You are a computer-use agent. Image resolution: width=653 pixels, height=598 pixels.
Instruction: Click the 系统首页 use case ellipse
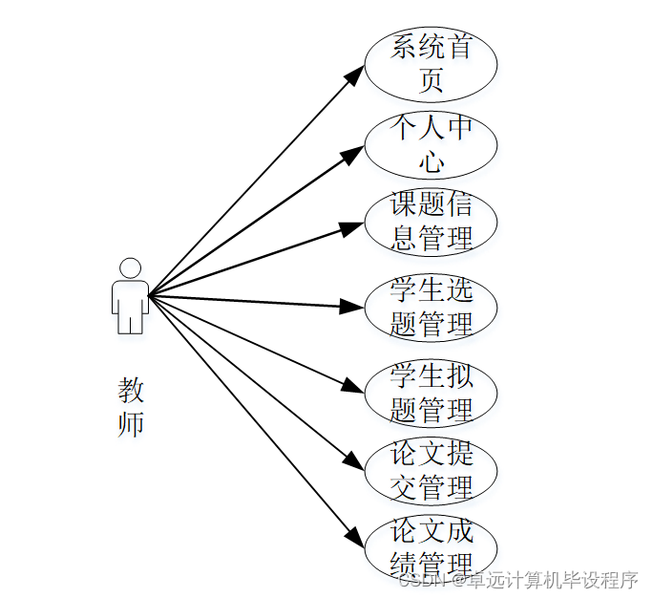432,63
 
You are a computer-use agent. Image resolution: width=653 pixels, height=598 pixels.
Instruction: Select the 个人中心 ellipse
432,144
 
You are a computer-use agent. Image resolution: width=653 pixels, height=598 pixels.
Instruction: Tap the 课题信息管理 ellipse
432,222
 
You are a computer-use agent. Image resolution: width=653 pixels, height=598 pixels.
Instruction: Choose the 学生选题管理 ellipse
432,308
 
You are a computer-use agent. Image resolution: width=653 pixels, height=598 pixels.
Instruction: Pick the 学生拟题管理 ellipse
432,393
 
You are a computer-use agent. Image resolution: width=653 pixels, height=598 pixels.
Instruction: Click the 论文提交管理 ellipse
432,471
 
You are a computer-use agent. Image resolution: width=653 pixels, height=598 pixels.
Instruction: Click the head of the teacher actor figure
130,267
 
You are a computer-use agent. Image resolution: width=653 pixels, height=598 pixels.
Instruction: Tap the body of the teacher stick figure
130,304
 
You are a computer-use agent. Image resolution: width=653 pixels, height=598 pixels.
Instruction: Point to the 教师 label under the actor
131,406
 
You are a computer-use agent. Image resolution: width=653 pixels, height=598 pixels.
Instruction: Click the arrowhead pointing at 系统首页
355,75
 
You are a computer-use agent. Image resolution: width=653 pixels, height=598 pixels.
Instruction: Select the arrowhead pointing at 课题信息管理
354,226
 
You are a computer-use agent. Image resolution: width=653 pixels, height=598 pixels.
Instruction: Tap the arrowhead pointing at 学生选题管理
354,307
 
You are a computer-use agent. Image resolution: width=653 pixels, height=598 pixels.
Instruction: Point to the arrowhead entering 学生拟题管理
354,387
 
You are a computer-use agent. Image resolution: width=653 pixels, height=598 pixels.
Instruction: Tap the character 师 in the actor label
131,423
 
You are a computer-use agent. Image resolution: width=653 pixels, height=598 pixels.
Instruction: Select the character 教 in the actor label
131,390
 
